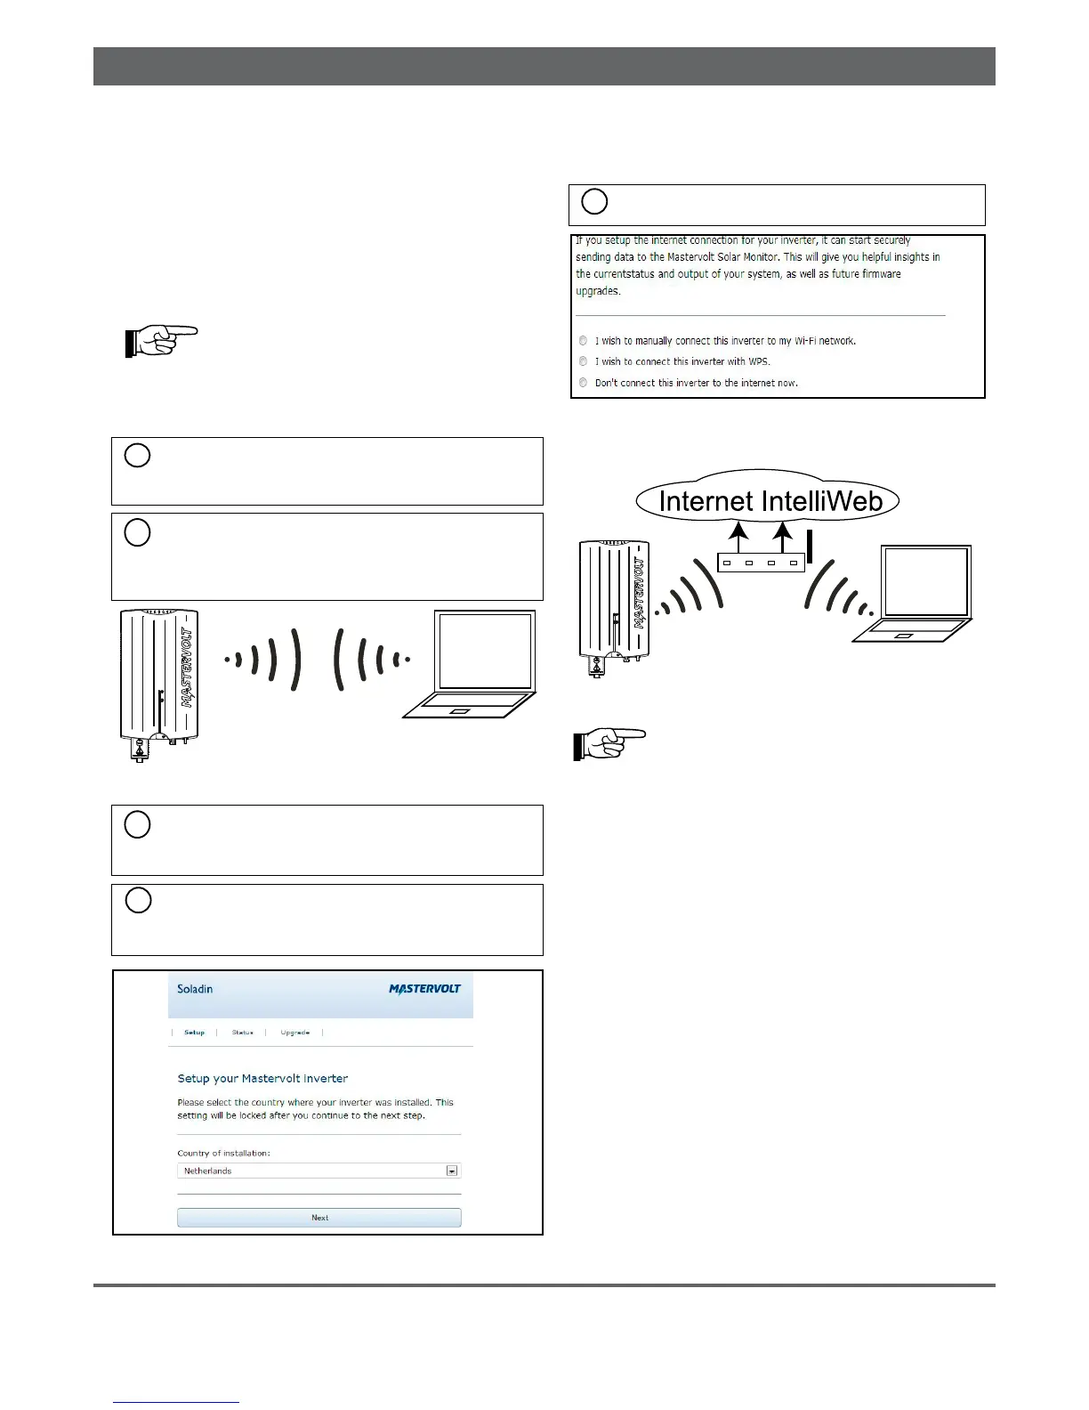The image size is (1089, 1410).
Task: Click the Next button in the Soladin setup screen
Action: pos(319,1217)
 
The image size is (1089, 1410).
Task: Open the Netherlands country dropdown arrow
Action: pos(452,1171)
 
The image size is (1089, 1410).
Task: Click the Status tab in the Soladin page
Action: pos(243,1033)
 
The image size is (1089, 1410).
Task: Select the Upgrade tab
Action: pos(294,1033)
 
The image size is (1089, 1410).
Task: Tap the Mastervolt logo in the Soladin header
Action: pos(425,989)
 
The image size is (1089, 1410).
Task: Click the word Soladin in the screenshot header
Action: pos(195,989)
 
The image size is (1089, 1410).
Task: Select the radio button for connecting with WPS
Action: pos(584,361)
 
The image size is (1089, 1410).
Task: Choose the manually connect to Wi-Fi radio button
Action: pos(584,340)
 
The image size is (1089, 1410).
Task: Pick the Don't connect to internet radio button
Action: pos(584,383)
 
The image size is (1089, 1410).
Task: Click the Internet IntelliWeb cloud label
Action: pos(770,501)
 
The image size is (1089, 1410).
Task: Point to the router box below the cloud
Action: pos(761,563)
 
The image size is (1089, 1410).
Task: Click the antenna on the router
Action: pos(810,546)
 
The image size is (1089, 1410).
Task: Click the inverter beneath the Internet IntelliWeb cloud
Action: pos(614,605)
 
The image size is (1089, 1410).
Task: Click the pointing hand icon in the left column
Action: pos(161,341)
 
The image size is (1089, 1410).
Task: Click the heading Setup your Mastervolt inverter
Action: pos(262,1078)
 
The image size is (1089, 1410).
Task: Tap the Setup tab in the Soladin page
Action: pos(194,1033)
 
